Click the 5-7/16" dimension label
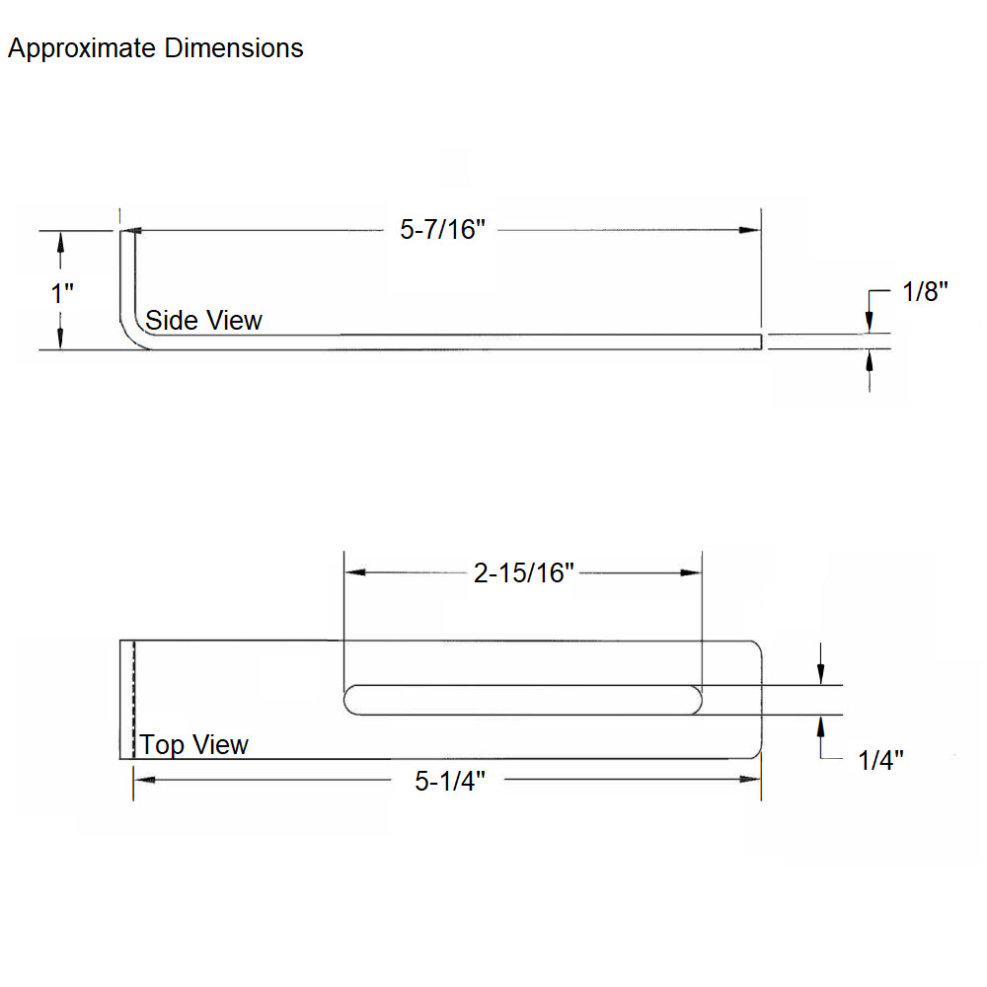442,230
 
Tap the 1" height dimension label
61,293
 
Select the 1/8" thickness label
925,291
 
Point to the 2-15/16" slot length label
524,572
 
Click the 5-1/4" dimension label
449,781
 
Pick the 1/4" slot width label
880,760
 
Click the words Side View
203,320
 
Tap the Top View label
193,744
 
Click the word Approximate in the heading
82,48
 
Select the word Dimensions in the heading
234,47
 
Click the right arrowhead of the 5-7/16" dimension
750,230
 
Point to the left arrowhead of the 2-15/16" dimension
355,572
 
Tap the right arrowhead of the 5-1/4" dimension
750,780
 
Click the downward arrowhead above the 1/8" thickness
870,322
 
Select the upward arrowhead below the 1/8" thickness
870,361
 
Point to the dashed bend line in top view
133,700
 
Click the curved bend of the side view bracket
131,334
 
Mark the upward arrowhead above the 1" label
60,243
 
